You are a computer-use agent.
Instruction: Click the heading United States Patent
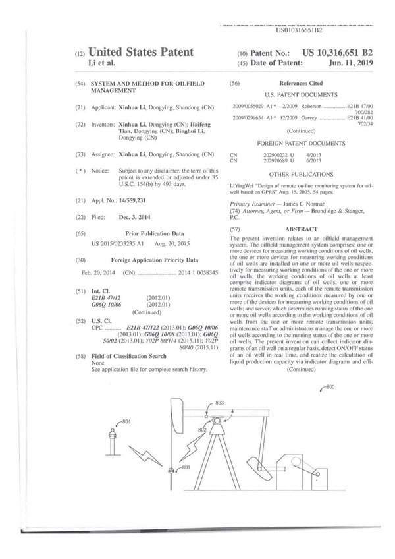pyautogui.click(x=140, y=52)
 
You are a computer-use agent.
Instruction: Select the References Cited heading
pyautogui.click(x=301, y=84)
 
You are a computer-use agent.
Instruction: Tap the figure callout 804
pyautogui.click(x=126, y=421)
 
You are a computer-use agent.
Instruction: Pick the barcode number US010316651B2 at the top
pyautogui.click(x=299, y=30)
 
